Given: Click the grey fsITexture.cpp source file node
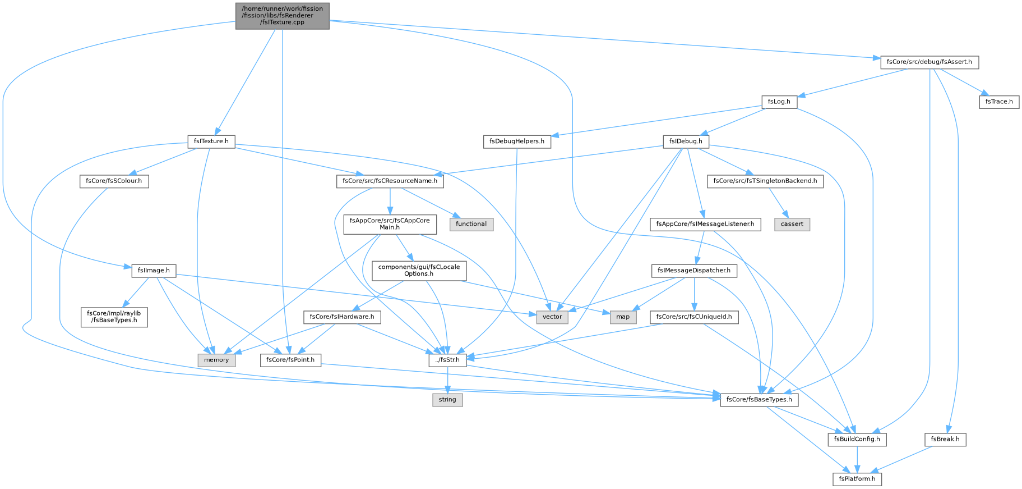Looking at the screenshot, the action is point(283,16).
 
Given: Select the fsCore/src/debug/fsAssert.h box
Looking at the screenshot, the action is point(929,62).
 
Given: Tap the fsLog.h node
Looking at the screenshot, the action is point(779,102).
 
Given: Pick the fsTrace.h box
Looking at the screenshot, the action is point(999,102).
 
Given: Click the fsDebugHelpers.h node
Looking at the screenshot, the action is point(517,141).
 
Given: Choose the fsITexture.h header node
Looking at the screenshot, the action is point(211,141).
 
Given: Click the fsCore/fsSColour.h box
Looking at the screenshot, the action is point(114,181).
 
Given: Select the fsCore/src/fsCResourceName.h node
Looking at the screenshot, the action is point(390,181).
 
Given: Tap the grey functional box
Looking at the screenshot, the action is point(471,224).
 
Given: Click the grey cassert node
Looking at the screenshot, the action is point(792,224).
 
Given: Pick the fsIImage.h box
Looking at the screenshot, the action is point(154,271).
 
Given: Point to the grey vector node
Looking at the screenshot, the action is point(552,317).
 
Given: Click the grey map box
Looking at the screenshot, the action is point(623,317).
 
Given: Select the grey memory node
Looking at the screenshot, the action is point(216,360).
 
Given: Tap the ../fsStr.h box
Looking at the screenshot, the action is point(448,360).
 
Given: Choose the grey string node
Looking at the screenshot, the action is point(447,400).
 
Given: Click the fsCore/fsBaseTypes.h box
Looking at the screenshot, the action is point(759,400).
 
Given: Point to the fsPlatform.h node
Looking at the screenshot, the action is point(857,479).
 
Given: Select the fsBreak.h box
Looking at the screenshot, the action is point(945,440).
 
